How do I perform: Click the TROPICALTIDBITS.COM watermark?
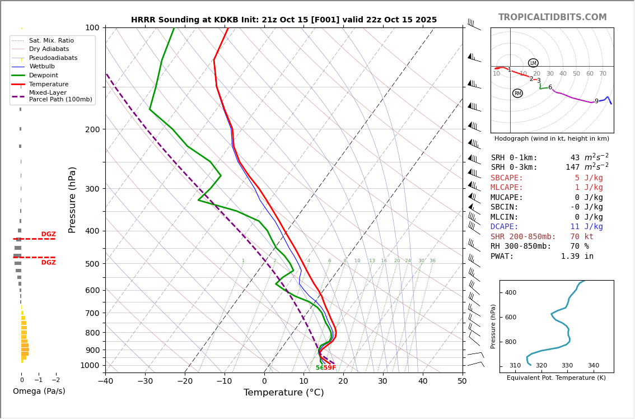coord(552,17)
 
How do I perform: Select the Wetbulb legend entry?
coord(42,67)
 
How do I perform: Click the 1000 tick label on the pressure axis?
coord(90,365)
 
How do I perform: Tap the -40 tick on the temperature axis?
coord(105,382)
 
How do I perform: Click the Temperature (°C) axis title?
coord(283,393)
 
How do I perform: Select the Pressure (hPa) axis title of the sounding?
coord(72,199)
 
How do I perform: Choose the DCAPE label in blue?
coord(505,227)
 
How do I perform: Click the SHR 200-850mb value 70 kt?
coord(582,236)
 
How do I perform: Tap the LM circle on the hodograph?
coord(533,63)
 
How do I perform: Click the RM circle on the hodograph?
coord(517,94)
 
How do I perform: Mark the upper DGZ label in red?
coord(48,234)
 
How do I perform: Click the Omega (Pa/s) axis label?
coord(39,391)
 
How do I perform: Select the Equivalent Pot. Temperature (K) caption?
coord(556,378)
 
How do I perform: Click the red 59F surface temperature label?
coord(330,368)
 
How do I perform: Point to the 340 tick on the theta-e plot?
coord(593,366)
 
